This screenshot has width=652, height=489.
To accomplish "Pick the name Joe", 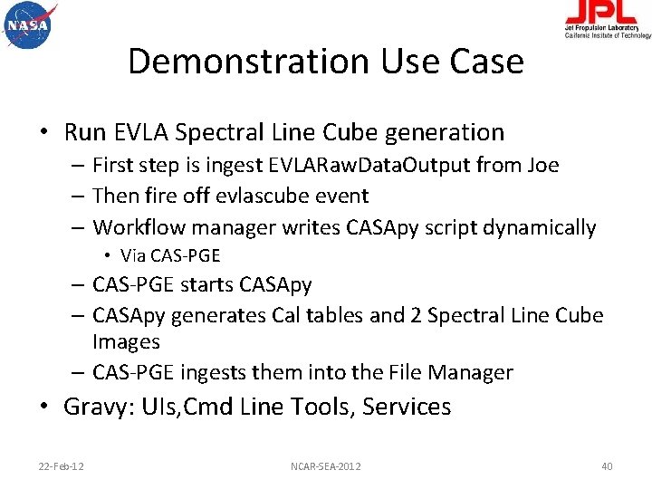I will point(540,166).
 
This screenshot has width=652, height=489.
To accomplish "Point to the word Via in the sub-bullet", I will point(133,255).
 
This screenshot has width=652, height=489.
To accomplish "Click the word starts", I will point(207,284).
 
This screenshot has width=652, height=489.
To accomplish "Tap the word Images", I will point(126,341).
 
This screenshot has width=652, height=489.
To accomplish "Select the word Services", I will point(407,407).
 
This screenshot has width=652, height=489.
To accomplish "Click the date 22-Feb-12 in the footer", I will point(62,465).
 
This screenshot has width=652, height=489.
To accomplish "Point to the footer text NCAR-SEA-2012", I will point(326,465).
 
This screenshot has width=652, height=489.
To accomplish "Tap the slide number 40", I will point(607,465).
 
